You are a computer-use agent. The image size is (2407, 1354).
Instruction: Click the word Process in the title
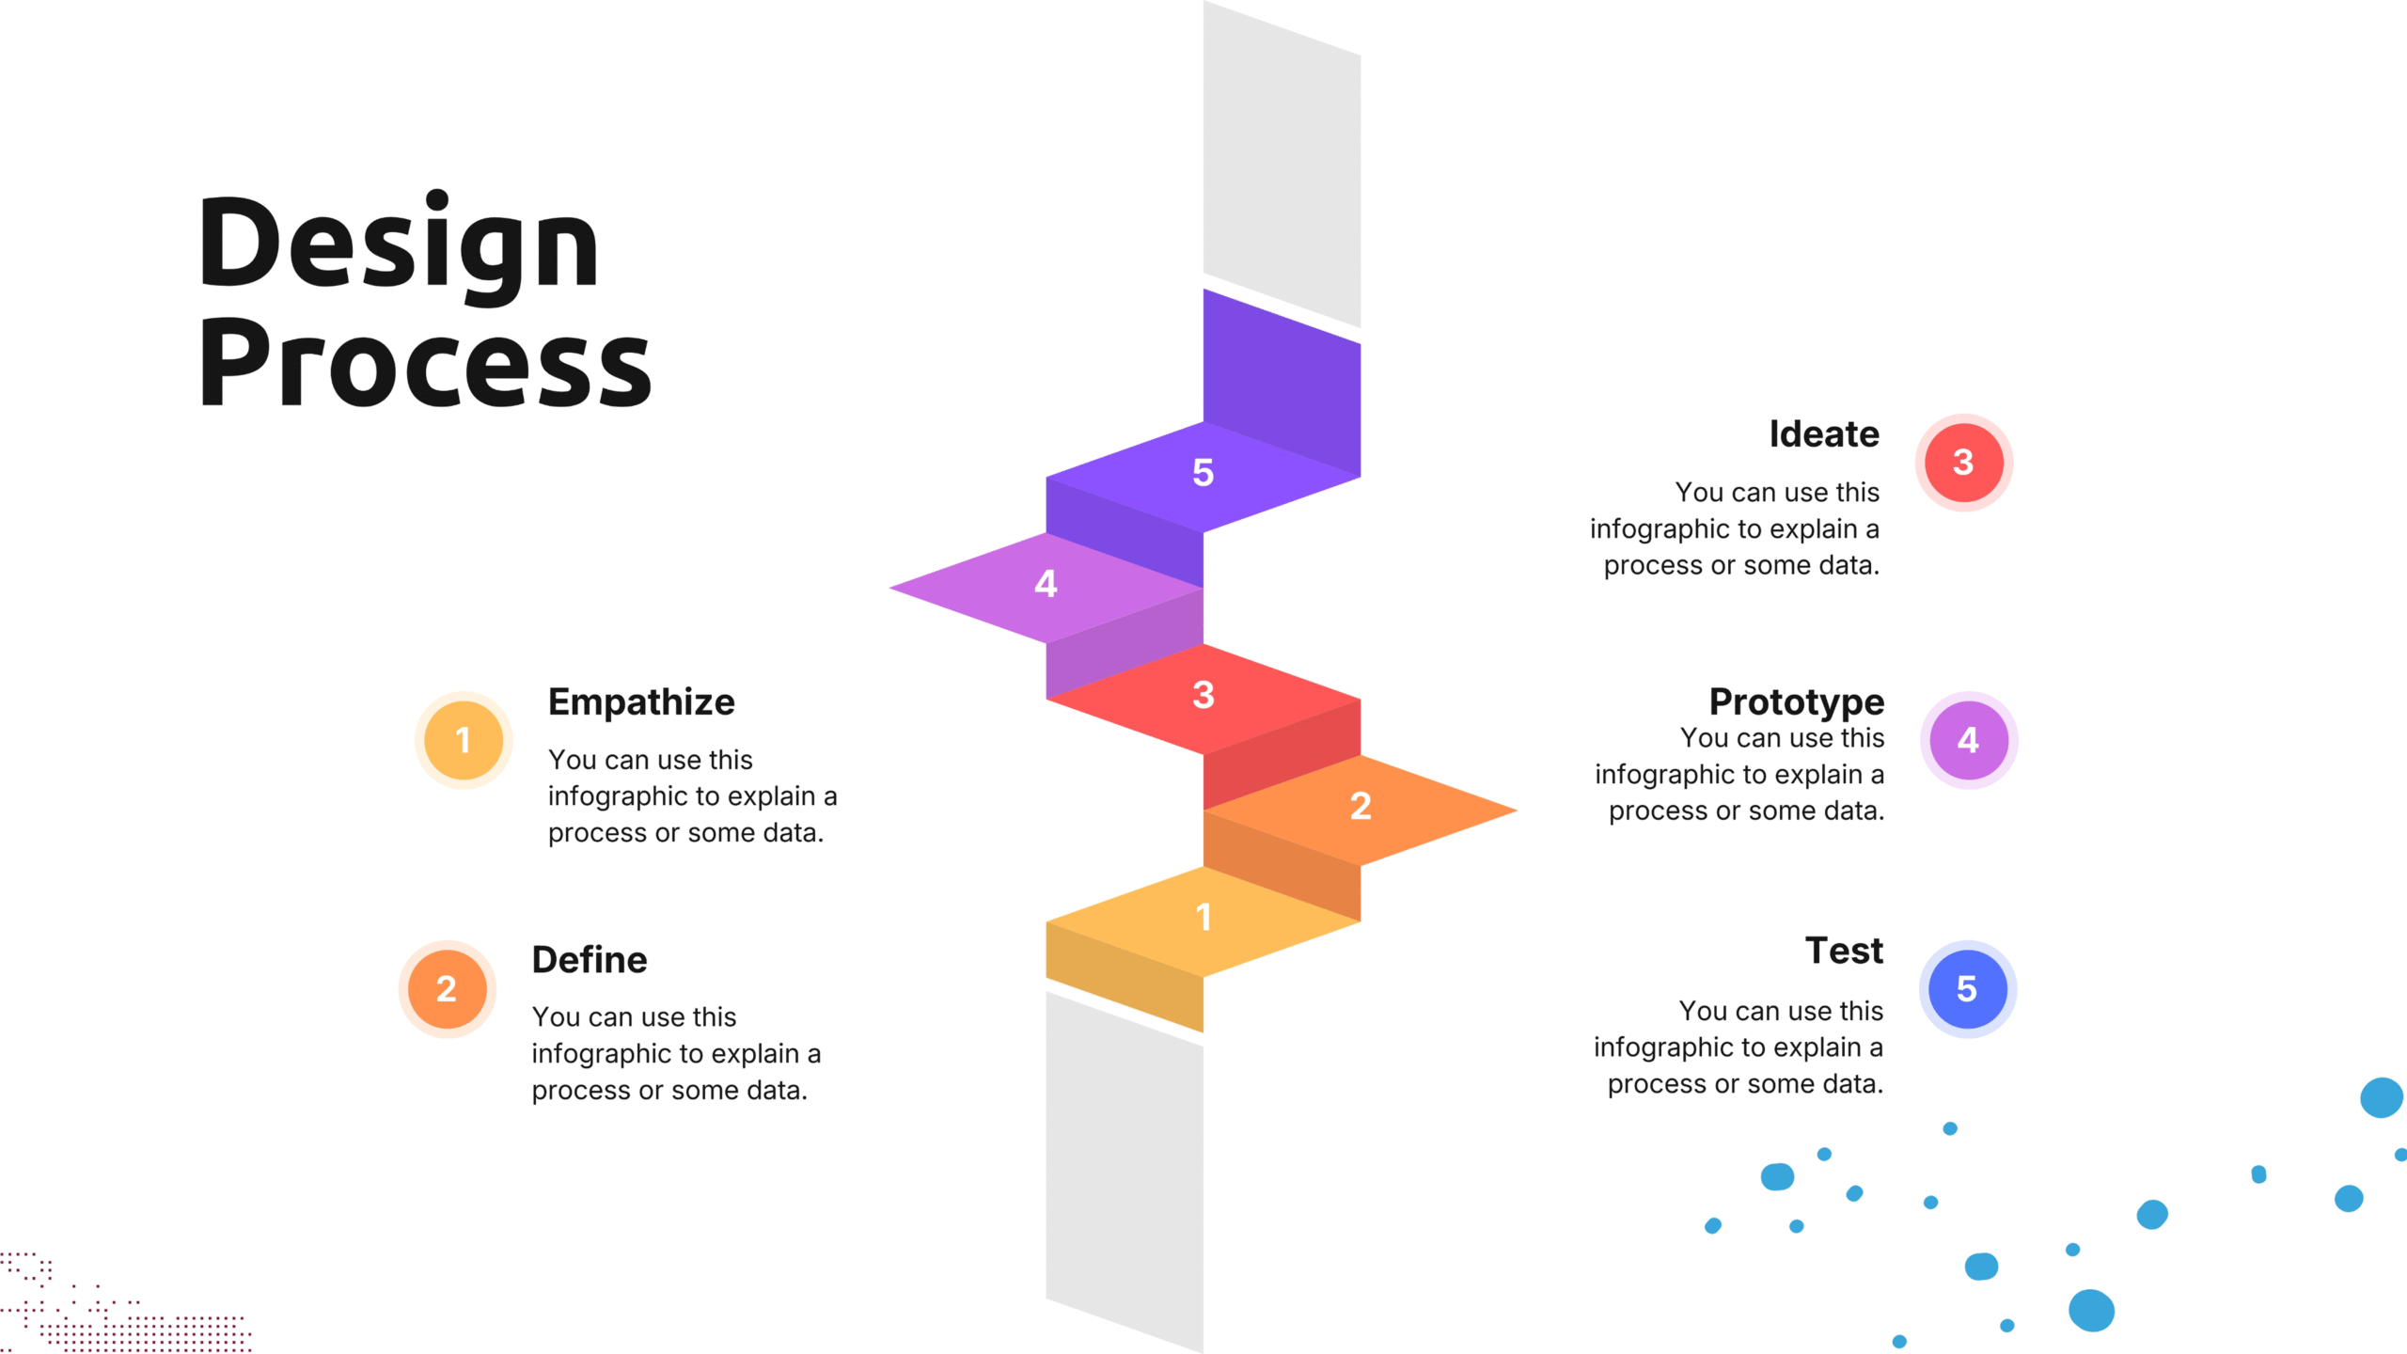424,364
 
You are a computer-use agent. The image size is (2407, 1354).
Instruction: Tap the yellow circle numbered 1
464,740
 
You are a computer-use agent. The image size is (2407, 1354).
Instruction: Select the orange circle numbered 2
447,988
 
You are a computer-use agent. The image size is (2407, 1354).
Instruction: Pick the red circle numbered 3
1963,462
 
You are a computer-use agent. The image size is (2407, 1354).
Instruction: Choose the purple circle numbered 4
1968,740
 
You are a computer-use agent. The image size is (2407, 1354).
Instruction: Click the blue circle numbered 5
1967,988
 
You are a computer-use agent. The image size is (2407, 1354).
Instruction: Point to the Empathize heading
641,701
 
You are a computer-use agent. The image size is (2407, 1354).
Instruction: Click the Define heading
590,959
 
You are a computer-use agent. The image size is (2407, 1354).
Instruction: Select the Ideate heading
1824,433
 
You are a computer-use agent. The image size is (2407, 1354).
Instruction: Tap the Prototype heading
1796,701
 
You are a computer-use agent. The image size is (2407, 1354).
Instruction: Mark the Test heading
1844,950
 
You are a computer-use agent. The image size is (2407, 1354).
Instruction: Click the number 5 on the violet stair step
1203,472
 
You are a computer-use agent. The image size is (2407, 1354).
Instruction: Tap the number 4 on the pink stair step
1046,584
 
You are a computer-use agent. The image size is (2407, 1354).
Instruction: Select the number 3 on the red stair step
1203,695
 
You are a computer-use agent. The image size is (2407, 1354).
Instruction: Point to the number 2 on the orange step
1361,806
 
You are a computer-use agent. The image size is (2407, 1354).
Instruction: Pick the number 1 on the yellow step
1203,917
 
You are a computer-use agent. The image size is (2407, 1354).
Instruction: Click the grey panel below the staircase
1125,1175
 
